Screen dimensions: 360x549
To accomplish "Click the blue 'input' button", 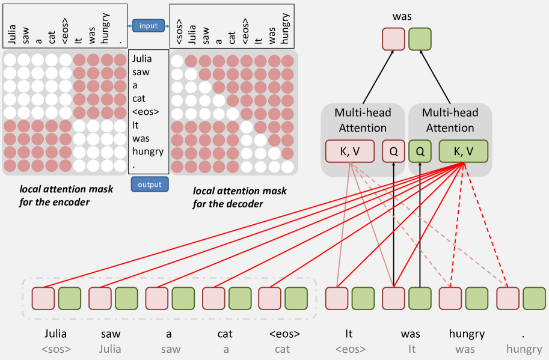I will [x=148, y=26].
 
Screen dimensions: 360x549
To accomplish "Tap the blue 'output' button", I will [x=150, y=185].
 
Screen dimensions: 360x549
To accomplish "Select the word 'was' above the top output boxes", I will [x=402, y=16].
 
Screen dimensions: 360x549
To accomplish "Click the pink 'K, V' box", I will [x=351, y=151].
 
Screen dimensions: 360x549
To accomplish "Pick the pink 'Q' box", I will [x=393, y=151].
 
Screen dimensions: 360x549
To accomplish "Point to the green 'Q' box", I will [x=420, y=151].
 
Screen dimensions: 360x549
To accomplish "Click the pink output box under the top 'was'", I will [x=393, y=40].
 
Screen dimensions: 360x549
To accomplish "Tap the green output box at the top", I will [x=420, y=40].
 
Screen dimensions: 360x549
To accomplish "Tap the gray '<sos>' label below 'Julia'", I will [x=55, y=349].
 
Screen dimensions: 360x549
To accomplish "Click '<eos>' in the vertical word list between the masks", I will [x=144, y=111].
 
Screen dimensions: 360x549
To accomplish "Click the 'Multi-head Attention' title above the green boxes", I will [x=450, y=120].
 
